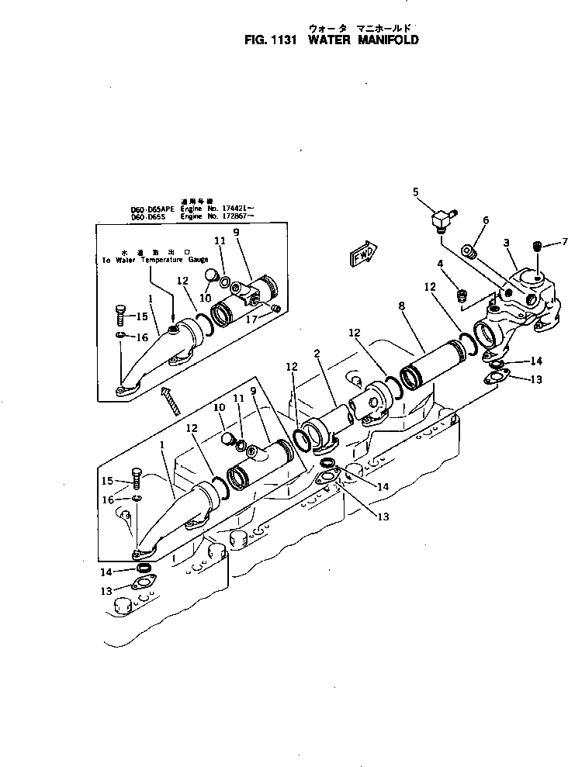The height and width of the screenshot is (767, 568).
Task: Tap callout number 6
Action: point(486,220)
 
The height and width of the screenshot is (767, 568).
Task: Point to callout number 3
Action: point(506,243)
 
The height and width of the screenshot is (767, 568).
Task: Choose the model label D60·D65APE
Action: point(151,209)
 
